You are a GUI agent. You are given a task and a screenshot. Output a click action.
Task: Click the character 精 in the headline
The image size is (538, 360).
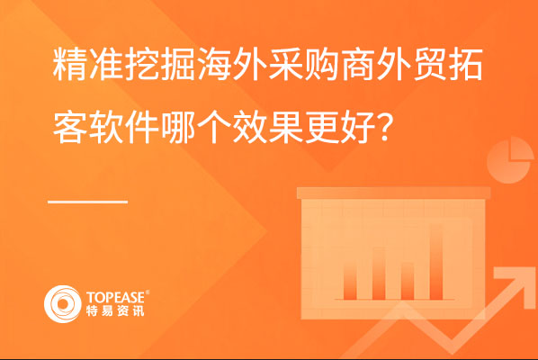(69, 65)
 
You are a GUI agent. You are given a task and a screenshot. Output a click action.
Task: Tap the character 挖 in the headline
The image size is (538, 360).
(142, 65)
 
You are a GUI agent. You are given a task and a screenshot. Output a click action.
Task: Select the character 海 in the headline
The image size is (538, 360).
(214, 65)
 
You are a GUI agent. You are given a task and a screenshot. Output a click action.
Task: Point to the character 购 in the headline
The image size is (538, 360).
(321, 65)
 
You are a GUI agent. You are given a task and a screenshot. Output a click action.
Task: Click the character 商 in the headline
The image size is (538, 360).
(358, 65)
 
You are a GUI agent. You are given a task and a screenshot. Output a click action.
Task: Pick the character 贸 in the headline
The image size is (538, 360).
(430, 65)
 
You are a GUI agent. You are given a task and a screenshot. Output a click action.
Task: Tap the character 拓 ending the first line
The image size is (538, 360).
(466, 65)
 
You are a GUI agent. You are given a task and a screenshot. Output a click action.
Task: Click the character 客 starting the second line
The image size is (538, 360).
(69, 127)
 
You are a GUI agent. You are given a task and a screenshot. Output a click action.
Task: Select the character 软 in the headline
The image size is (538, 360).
(105, 127)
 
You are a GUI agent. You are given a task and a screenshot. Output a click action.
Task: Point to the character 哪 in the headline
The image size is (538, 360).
(178, 127)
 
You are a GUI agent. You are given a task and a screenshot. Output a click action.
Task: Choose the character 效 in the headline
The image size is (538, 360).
(250, 127)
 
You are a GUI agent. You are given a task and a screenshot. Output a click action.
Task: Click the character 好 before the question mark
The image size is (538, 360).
(358, 127)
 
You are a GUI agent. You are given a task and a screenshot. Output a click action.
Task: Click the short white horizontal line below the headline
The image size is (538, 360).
(88, 202)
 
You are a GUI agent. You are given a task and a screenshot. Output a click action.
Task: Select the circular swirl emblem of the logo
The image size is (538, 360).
(63, 304)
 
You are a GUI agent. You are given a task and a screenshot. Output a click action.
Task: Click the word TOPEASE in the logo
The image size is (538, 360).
(116, 297)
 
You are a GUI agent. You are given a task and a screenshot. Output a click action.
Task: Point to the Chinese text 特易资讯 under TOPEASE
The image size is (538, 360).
(115, 310)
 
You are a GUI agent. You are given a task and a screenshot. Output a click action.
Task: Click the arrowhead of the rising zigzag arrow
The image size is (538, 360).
(513, 284)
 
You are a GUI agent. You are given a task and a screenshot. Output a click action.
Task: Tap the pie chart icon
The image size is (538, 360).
(510, 160)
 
